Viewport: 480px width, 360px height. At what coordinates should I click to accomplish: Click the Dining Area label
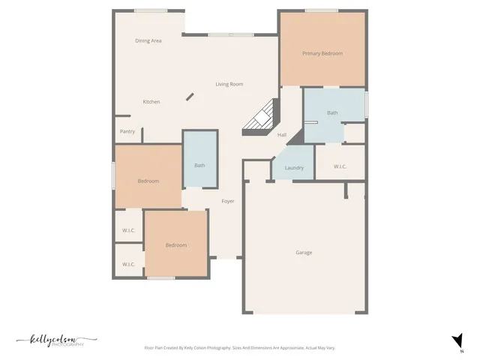[148, 40]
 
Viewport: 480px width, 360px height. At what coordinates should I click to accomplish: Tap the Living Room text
[229, 84]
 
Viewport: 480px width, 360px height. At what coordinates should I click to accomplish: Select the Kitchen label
[151, 102]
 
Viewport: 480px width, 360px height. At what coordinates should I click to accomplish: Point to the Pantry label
[127, 131]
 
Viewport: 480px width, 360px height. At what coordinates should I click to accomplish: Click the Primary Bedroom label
[322, 53]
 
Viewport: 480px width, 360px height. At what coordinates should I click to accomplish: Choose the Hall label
[282, 135]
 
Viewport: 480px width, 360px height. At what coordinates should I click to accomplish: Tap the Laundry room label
[294, 167]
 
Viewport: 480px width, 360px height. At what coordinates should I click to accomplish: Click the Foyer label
[228, 201]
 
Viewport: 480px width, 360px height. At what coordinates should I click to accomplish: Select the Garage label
[304, 253]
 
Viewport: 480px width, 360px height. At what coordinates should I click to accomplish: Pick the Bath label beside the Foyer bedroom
[199, 165]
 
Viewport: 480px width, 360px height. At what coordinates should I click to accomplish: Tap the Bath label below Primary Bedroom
[332, 113]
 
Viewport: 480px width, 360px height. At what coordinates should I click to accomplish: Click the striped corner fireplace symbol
[261, 120]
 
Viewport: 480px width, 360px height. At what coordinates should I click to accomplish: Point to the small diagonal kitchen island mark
[190, 97]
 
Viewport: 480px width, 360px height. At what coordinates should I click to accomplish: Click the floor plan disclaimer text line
[240, 348]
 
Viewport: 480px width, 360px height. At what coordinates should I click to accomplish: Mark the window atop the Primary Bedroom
[316, 10]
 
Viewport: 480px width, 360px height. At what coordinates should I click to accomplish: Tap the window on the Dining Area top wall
[145, 10]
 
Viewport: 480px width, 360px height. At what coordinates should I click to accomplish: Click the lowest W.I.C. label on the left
[128, 264]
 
